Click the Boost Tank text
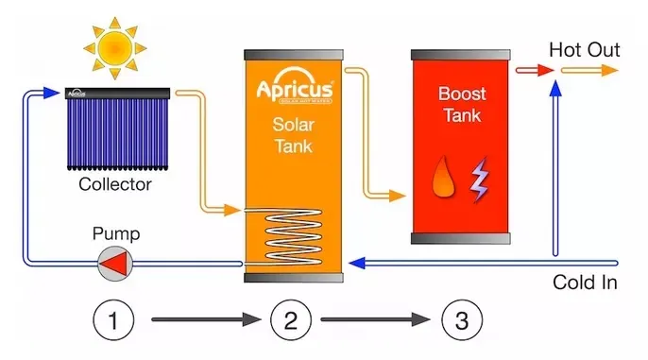tap(461, 105)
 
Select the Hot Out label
tap(584, 49)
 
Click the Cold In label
tap(585, 282)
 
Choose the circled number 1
tap(113, 320)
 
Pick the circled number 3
tap(461, 320)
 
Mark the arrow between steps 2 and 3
tap(374, 320)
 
